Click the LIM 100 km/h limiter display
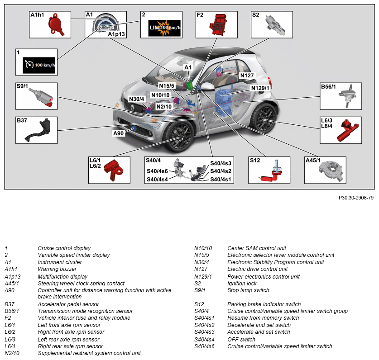pos(165,28)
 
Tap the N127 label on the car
pos(247,76)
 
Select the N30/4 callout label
pos(136,99)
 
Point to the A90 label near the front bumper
pos(119,133)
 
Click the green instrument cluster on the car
pos(190,85)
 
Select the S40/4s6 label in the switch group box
pos(157,171)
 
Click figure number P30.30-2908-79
pos(356,198)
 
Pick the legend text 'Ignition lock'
pos(242,284)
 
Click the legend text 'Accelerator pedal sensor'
pos(68,304)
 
